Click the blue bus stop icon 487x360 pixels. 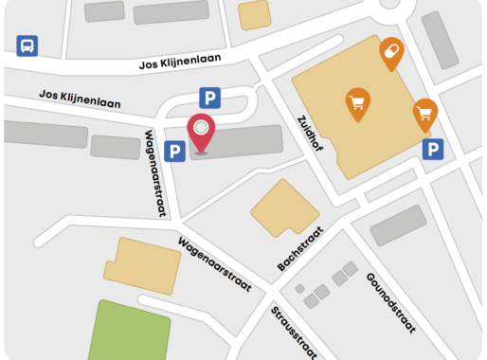tap(27, 45)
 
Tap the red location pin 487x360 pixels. tap(201, 131)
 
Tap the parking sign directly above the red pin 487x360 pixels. tap(209, 97)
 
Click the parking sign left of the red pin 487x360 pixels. tap(174, 151)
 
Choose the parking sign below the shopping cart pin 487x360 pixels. tap(432, 149)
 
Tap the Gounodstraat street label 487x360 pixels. tap(390, 302)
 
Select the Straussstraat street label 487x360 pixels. tap(293, 333)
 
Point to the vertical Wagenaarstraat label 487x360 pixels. tap(153, 172)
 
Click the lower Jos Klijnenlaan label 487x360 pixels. tap(80, 99)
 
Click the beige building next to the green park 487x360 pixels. tap(141, 261)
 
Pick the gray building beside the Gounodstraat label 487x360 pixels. tap(398, 226)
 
